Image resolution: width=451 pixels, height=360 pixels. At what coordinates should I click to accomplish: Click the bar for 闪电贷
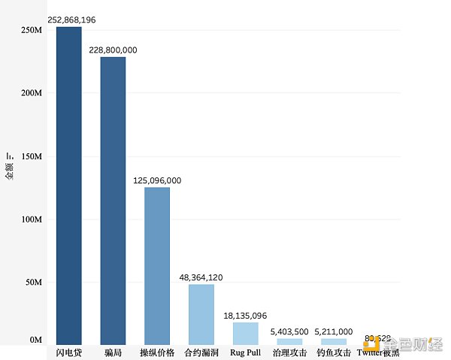pyautogui.click(x=69, y=186)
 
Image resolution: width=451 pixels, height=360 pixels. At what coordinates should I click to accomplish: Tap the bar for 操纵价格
pyautogui.click(x=157, y=266)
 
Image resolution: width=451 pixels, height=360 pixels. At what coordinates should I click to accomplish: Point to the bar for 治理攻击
pyautogui.click(x=289, y=341)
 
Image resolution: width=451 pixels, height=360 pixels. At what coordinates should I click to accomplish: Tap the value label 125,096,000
pyautogui.click(x=156, y=180)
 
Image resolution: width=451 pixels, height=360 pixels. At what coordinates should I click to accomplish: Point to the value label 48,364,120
pyautogui.click(x=201, y=277)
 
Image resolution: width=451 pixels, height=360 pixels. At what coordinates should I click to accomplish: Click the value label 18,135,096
pyautogui.click(x=245, y=315)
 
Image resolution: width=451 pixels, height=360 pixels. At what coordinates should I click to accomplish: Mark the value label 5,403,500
pyautogui.click(x=289, y=331)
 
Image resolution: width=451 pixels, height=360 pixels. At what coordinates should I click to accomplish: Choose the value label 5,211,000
pyautogui.click(x=333, y=331)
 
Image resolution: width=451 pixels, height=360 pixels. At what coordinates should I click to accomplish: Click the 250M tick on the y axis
pyautogui.click(x=31, y=30)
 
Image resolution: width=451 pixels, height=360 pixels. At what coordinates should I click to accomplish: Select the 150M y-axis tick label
pyautogui.click(x=31, y=156)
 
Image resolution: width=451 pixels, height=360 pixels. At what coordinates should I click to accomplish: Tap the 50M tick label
pyautogui.click(x=33, y=283)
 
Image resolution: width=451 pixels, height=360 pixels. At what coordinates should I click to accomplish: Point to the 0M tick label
pyautogui.click(x=35, y=340)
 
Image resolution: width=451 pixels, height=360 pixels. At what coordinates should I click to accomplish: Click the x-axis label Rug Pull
pyautogui.click(x=245, y=352)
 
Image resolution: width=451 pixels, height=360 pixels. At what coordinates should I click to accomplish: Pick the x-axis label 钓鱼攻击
pyautogui.click(x=333, y=352)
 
